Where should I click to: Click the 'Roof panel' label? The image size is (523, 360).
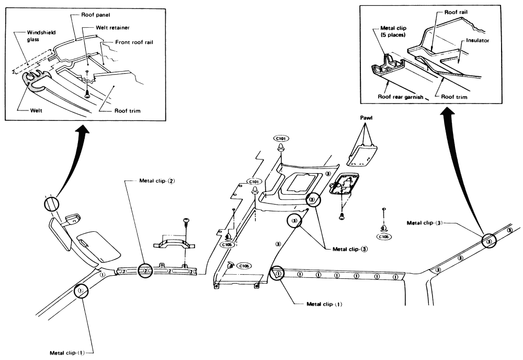tap(95, 15)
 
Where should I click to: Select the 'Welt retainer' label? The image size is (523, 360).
tap(112, 28)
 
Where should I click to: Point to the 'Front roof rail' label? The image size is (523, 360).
tap(134, 42)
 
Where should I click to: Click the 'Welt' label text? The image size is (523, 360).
tap(36, 111)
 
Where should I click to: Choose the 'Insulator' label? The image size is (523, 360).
tap(477, 41)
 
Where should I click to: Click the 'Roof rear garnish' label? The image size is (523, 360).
tap(400, 97)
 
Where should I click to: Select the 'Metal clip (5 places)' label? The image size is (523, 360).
tap(393, 32)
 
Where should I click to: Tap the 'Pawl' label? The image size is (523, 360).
tap(366, 118)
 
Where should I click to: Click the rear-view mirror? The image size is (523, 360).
tap(60, 233)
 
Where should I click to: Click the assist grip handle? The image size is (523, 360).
tap(175, 241)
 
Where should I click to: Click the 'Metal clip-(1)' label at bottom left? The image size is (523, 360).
tap(67, 353)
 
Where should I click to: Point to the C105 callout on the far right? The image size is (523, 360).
tap(384, 237)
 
